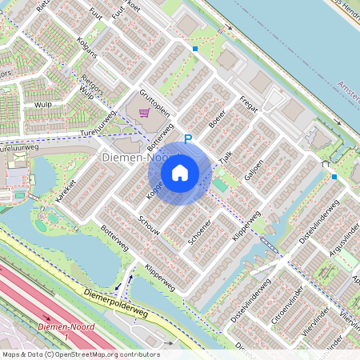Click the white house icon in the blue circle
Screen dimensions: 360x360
pyautogui.click(x=180, y=172)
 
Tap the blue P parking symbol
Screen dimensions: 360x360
pyautogui.click(x=189, y=139)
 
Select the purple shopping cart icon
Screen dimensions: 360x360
pyautogui.click(x=144, y=114)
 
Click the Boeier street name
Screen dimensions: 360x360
pyautogui.click(x=217, y=119)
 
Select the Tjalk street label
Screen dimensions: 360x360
pyautogui.click(x=226, y=158)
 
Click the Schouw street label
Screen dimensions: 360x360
pyautogui.click(x=149, y=225)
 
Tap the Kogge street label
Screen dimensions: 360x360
pyautogui.click(x=154, y=189)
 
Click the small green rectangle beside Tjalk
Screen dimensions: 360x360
pyautogui.click(x=219, y=185)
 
